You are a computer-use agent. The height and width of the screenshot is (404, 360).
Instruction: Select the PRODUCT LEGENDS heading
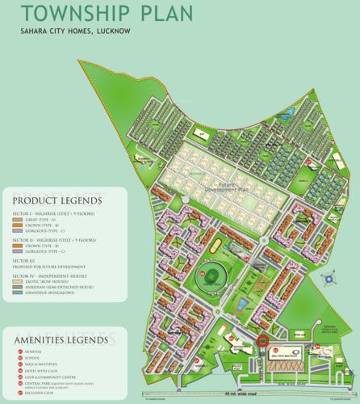(x=56, y=200)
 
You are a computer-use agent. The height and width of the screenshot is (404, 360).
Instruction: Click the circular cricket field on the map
(x=210, y=276)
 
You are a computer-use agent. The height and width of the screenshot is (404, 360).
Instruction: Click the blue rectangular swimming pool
(x=243, y=305)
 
